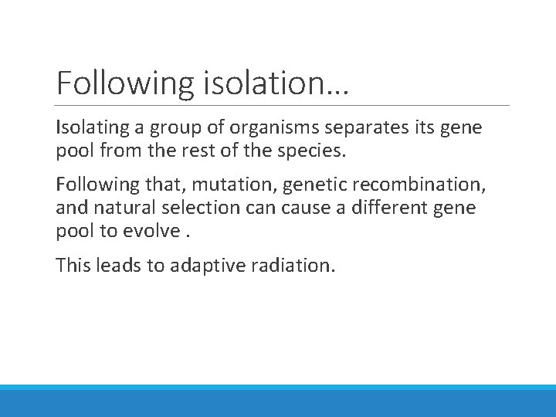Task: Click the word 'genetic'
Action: [297, 185]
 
